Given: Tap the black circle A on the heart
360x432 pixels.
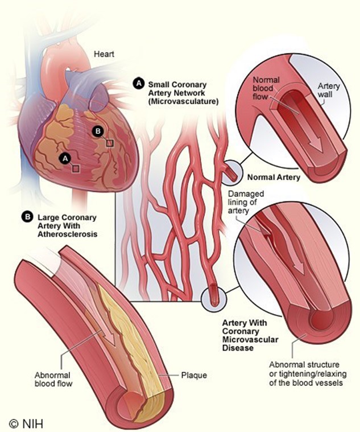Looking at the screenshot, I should pyautogui.click(x=65, y=159).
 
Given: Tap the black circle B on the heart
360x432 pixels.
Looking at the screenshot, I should pyautogui.click(x=98, y=132).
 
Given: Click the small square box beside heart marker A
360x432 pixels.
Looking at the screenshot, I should pyautogui.click(x=75, y=168).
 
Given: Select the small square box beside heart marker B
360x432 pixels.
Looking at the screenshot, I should pyautogui.click(x=109, y=142).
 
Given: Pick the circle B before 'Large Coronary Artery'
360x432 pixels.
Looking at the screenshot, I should pyautogui.click(x=26, y=217).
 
